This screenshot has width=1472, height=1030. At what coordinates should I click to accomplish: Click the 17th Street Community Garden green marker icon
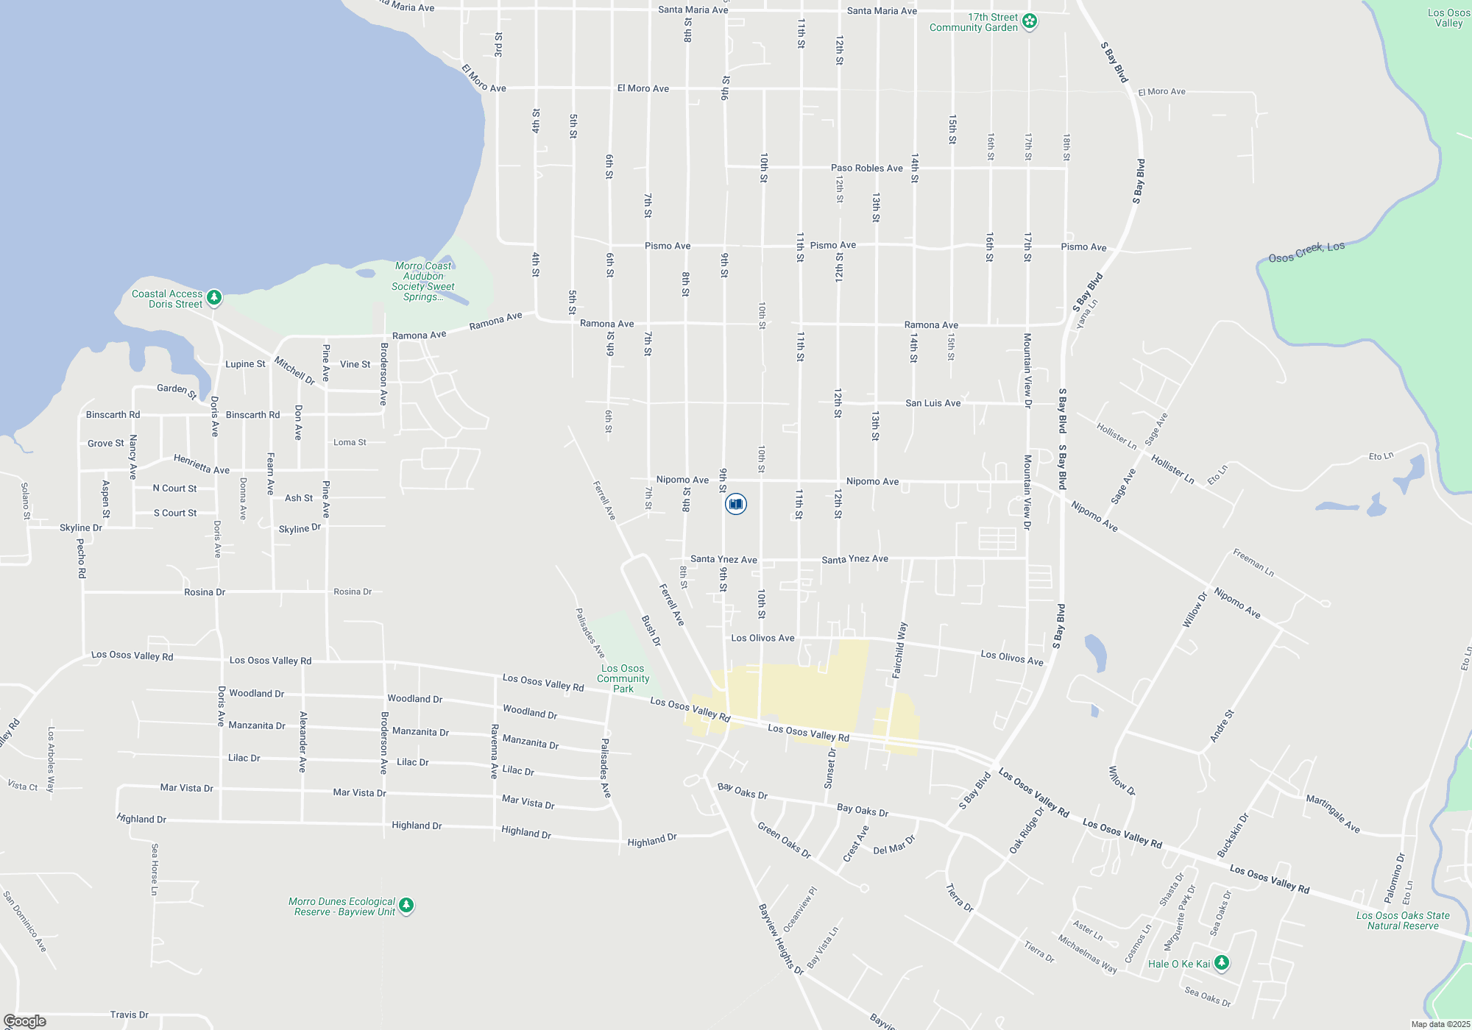click(x=1030, y=21)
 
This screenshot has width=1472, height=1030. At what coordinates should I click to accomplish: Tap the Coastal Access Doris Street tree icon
click(x=214, y=298)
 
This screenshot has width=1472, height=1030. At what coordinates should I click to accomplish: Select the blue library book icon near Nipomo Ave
click(x=735, y=504)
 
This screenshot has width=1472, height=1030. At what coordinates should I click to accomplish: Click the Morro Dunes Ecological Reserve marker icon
click(x=406, y=906)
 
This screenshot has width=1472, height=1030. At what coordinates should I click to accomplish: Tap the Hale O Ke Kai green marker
click(x=1221, y=962)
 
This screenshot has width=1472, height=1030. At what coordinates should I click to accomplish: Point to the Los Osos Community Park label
click(x=623, y=678)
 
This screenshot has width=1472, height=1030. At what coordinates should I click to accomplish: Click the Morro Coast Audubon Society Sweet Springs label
click(x=423, y=282)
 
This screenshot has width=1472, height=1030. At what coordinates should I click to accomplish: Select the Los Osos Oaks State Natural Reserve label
click(x=1403, y=920)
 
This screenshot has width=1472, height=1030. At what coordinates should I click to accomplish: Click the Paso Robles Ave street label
click(x=866, y=168)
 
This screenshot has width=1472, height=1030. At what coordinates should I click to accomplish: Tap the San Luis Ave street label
click(x=933, y=403)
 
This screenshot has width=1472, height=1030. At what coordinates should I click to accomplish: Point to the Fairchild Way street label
click(x=899, y=650)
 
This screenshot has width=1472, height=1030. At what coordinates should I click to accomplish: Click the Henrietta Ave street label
click(x=202, y=464)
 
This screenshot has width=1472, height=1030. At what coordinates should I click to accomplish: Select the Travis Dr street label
click(x=130, y=1015)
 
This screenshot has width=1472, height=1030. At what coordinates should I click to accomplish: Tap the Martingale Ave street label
click(x=1333, y=813)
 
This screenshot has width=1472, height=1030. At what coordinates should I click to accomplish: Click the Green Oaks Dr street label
click(x=784, y=840)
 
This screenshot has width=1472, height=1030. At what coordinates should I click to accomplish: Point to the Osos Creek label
click(x=1306, y=252)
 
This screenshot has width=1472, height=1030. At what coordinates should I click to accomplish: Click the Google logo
click(x=24, y=1021)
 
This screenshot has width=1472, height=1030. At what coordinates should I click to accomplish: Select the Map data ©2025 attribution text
click(x=1440, y=1024)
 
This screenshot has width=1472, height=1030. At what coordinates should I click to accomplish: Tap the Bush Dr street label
click(x=651, y=631)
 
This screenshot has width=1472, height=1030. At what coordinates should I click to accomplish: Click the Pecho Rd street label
click(x=81, y=558)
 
